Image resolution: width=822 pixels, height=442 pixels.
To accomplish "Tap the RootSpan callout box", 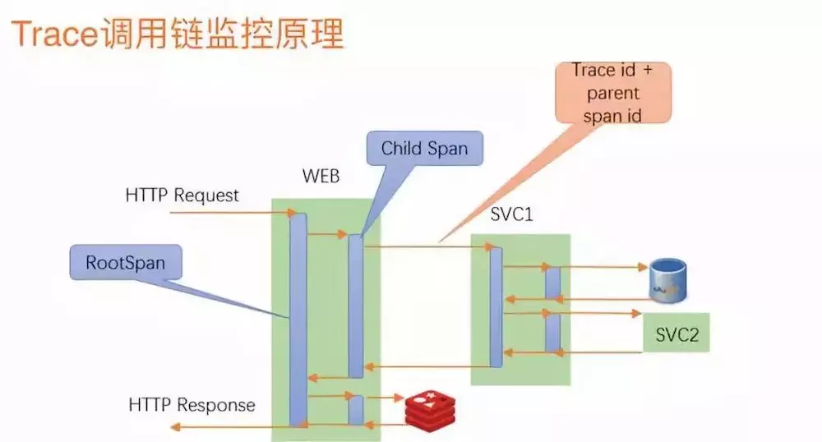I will click(126, 263).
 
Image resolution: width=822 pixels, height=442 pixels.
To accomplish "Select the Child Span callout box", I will click(424, 149).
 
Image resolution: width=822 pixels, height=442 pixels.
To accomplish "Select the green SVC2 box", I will click(677, 334).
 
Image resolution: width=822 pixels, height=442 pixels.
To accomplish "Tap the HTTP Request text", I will click(182, 196).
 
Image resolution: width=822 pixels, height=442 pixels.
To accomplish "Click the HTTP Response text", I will click(192, 405).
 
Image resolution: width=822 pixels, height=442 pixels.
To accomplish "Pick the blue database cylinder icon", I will click(667, 279).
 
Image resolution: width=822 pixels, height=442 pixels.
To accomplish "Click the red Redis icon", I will click(429, 408).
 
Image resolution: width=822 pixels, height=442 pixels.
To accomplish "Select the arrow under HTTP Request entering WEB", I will click(230, 214).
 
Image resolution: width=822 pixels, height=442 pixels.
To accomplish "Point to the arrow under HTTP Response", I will click(230, 425).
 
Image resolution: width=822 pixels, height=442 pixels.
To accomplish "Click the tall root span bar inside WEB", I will click(298, 320).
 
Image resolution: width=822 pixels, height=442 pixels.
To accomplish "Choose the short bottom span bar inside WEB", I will click(355, 409).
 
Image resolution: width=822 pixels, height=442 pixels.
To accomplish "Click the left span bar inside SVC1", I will click(496, 306).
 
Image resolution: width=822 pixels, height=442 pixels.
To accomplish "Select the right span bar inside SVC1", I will click(552, 308).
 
